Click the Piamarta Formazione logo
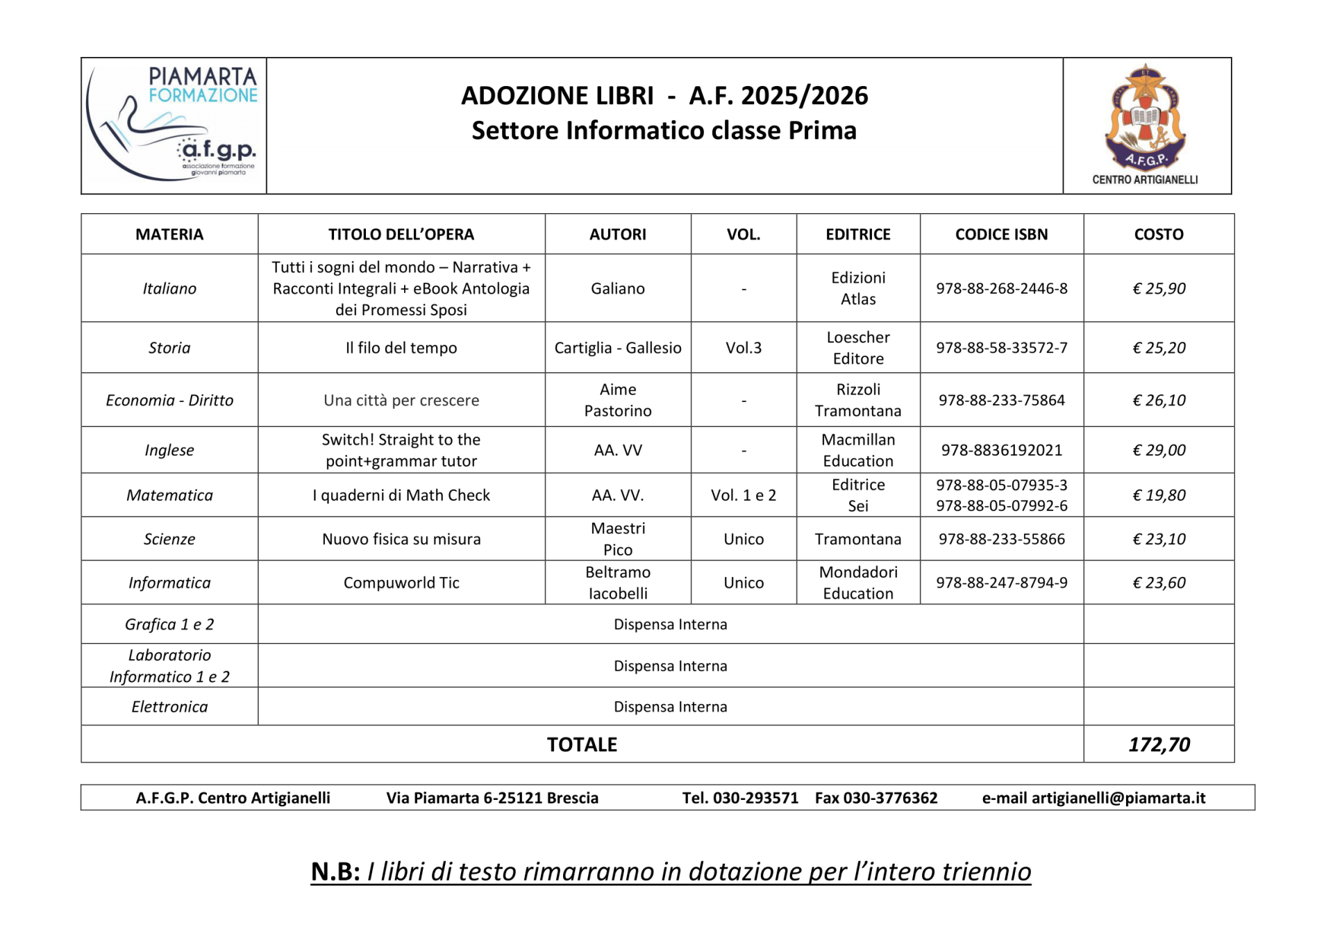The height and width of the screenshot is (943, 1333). (x=174, y=125)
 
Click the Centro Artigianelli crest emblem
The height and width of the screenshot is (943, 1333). (x=1145, y=118)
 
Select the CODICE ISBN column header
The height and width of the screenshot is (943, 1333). (x=1001, y=234)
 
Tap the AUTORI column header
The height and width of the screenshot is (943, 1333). (x=617, y=234)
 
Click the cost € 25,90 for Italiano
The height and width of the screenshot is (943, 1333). (x=1158, y=288)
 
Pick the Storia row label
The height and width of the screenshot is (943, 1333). (x=169, y=347)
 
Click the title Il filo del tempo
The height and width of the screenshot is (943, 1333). (x=401, y=347)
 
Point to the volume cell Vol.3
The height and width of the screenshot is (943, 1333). (x=744, y=347)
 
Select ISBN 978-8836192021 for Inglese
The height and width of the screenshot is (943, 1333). (x=1001, y=450)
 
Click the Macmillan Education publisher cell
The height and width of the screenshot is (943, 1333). (x=858, y=450)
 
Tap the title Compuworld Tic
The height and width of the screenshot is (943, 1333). (x=401, y=583)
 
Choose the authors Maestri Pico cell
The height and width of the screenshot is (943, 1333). (x=617, y=539)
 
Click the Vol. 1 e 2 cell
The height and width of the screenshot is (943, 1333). (x=744, y=495)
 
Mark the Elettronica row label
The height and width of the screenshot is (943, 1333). (x=169, y=706)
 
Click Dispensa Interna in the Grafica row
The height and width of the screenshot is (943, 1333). (x=670, y=624)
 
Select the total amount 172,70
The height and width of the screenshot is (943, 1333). (x=1158, y=744)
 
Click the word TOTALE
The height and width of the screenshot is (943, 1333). (x=582, y=744)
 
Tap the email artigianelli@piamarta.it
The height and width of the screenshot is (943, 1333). (x=1118, y=798)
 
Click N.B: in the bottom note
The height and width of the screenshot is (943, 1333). (x=335, y=871)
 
